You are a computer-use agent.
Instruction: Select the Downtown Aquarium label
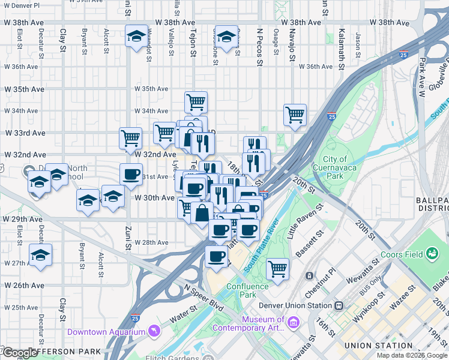tap(106, 332)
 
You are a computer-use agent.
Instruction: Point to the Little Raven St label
tap(305, 221)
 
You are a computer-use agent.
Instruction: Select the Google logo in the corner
tap(20, 353)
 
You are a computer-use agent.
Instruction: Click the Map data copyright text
tap(412, 355)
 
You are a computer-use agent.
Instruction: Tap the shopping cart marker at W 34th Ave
tap(196, 103)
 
